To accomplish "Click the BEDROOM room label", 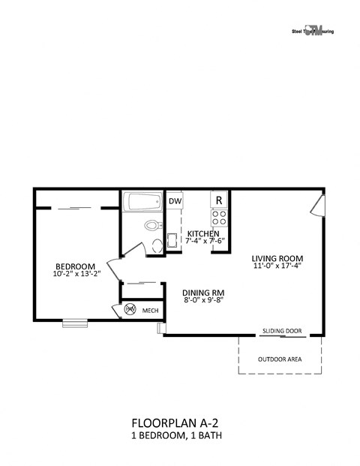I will pos(75,266).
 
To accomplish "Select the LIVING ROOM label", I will pos(277,257).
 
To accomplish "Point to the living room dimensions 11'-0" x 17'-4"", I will pos(277,266).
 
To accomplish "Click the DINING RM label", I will pos(204,292).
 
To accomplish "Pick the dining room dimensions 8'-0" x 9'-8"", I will pos(204,301).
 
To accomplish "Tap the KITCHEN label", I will pos(203,234).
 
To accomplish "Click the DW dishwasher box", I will pos(175,201).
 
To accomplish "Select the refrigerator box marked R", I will pos(220,200).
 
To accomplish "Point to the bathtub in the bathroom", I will pos(142,203).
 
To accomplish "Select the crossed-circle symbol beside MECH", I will pos(130,309).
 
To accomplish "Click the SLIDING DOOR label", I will pos(282,329).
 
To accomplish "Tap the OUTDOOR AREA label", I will pos(280,359).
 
